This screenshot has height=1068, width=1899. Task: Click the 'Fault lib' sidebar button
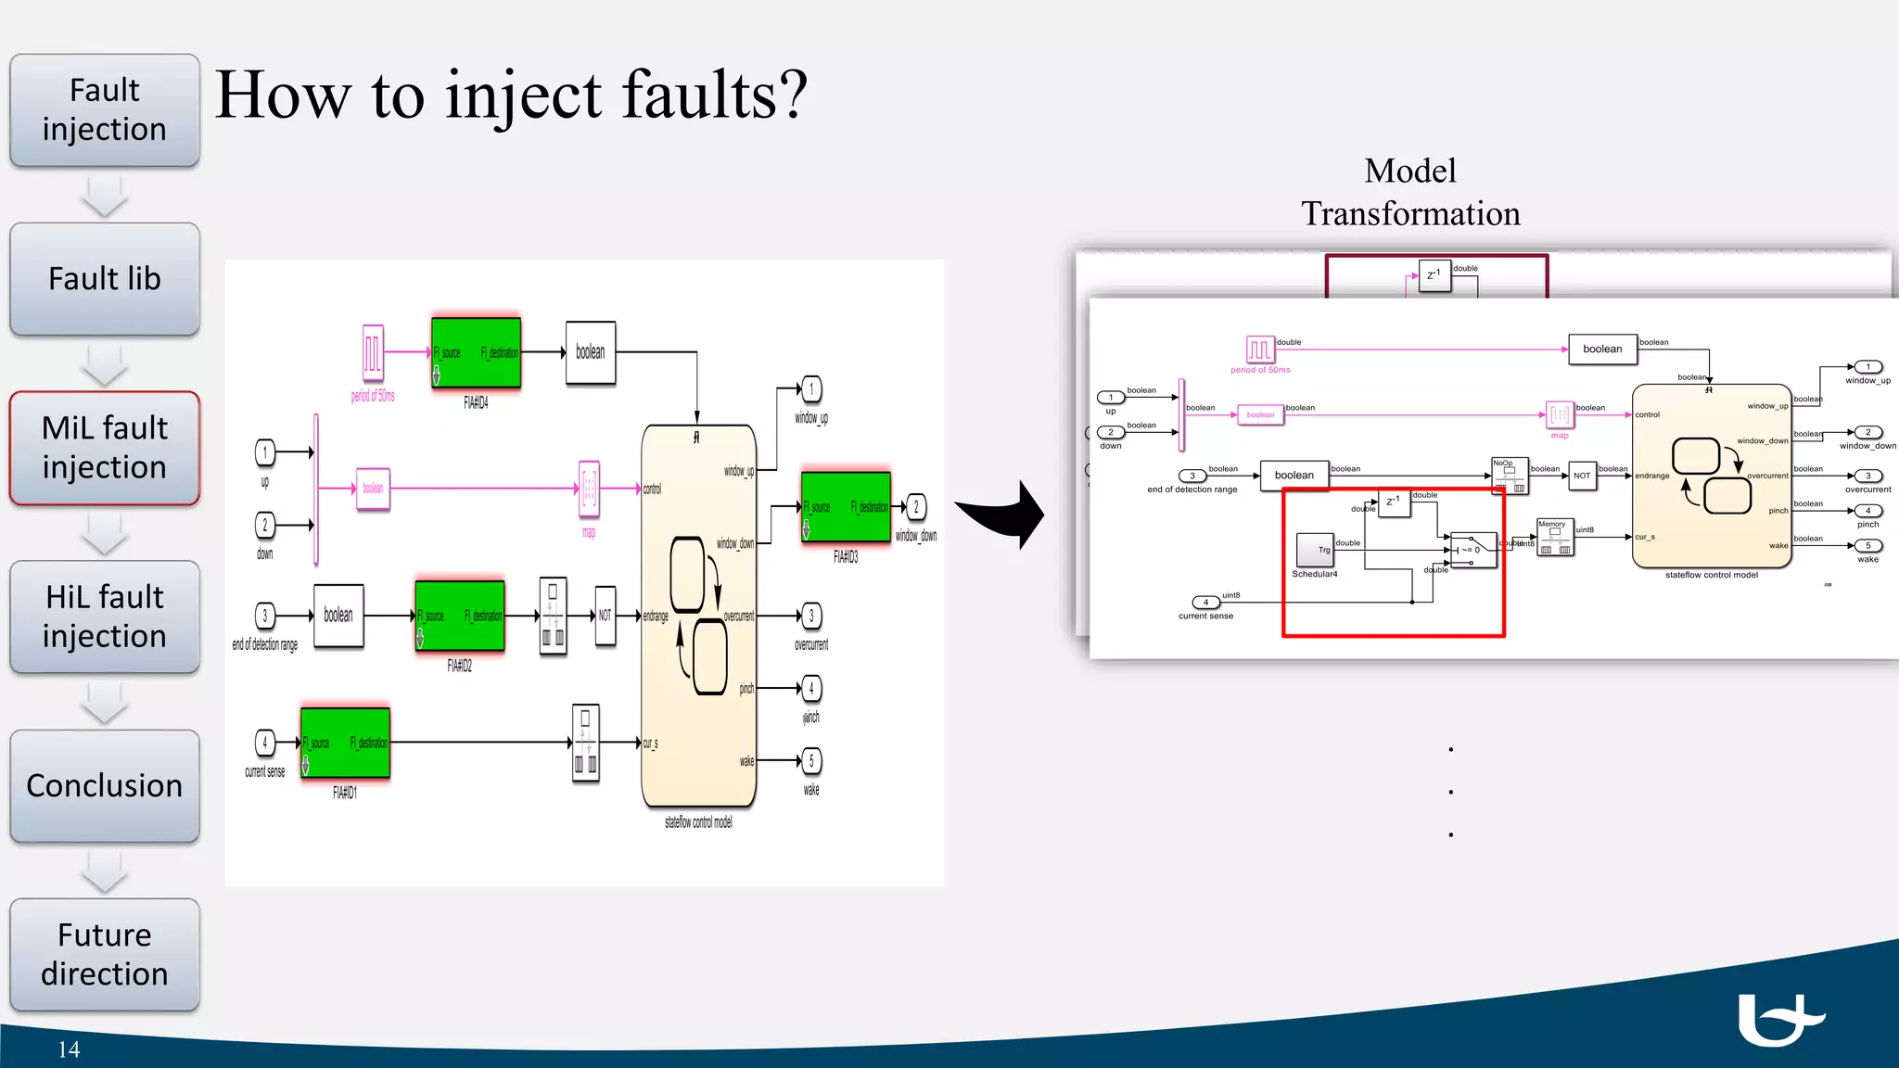pyautogui.click(x=105, y=279)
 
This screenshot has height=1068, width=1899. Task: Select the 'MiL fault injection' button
pyautogui.click(x=105, y=448)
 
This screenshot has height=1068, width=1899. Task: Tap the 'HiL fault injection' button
pyautogui.click(x=105, y=617)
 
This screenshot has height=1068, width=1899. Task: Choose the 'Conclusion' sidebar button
pyautogui.click(x=105, y=786)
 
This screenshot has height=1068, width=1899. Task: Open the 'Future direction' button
pyautogui.click(x=105, y=954)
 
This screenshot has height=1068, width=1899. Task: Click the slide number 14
pyautogui.click(x=69, y=1049)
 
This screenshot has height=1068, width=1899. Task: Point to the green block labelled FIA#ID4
pyautogui.click(x=476, y=353)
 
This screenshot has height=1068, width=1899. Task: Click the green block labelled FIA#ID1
pyautogui.click(x=345, y=744)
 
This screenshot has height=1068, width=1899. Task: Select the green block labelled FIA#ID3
pyautogui.click(x=846, y=507)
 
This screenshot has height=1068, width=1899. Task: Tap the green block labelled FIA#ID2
pyautogui.click(x=460, y=616)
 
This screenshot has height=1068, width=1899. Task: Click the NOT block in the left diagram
pyautogui.click(x=605, y=616)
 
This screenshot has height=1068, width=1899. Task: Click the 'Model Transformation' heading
pyautogui.click(x=1410, y=192)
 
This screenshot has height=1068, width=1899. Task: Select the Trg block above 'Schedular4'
pyautogui.click(x=1314, y=550)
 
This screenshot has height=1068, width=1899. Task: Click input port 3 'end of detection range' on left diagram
pyautogui.click(x=265, y=616)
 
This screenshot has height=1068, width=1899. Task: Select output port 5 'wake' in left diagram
pyautogui.click(x=811, y=761)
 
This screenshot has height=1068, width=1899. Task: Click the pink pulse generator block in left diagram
pyautogui.click(x=373, y=353)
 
